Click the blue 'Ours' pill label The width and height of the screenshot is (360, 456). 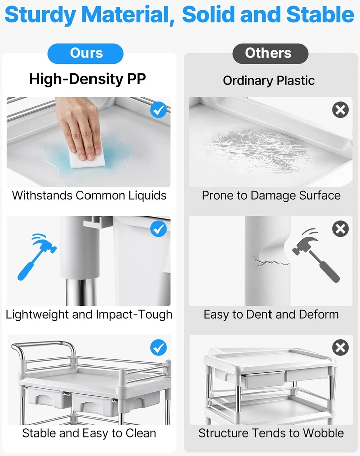(85, 53)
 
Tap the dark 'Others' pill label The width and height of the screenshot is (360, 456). (270, 53)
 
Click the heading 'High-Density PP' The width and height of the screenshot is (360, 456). (87, 79)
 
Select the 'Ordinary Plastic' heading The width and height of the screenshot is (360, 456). (268, 81)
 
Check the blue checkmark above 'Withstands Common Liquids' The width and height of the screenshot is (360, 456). (158, 110)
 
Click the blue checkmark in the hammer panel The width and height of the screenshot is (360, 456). (158, 229)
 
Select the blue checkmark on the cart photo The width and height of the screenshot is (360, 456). (158, 348)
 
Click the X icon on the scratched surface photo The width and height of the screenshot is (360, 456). (340, 110)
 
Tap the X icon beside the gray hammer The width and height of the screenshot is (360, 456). (340, 229)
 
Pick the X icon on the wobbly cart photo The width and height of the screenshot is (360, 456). (340, 347)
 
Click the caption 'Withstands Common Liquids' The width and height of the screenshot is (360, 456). (89, 195)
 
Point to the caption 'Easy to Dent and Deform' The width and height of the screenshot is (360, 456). (271, 314)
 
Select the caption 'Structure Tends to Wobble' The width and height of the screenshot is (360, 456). (271, 433)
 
